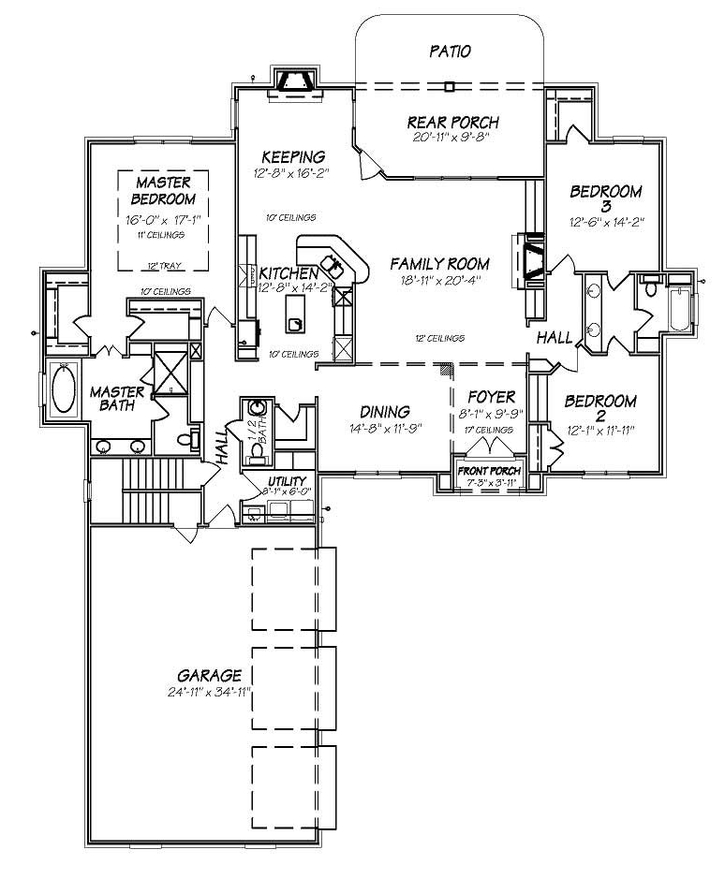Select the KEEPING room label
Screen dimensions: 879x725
293,156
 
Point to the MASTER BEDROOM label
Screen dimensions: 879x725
162,190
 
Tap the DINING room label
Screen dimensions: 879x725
385,411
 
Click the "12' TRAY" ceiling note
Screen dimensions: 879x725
162,266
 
